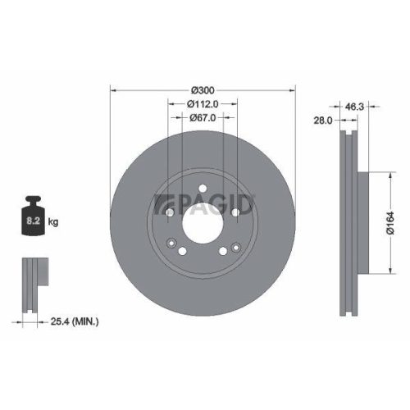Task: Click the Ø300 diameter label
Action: [203, 89]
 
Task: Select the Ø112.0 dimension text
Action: [203, 103]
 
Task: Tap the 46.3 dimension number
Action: [354, 107]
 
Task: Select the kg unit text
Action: [52, 221]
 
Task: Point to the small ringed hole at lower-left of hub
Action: [171, 244]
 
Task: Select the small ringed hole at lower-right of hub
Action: [235, 245]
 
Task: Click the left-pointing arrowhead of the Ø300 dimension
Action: [112, 89]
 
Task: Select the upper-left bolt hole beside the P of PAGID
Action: [169, 213]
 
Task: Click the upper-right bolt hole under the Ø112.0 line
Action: [236, 213]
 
